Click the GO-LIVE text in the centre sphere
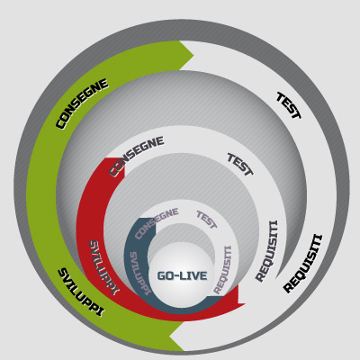[x=182, y=275]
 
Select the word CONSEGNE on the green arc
[x=82, y=103]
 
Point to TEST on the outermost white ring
[x=289, y=106]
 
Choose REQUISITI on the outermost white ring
[x=303, y=264]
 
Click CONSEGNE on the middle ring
[x=137, y=156]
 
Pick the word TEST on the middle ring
[x=240, y=164]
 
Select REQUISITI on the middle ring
[x=267, y=251]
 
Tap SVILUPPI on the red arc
[x=104, y=267]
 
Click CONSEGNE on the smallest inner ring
[x=157, y=223]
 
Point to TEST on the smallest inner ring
[x=206, y=220]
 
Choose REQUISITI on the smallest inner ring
[x=222, y=270]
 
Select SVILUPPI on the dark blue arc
[x=139, y=274]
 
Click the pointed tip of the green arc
[x=193, y=56]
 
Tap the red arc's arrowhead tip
[x=246, y=304]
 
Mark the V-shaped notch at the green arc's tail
[x=169, y=336]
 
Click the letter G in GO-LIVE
[x=162, y=275]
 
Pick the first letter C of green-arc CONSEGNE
[x=61, y=124]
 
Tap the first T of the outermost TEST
[x=282, y=97]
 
